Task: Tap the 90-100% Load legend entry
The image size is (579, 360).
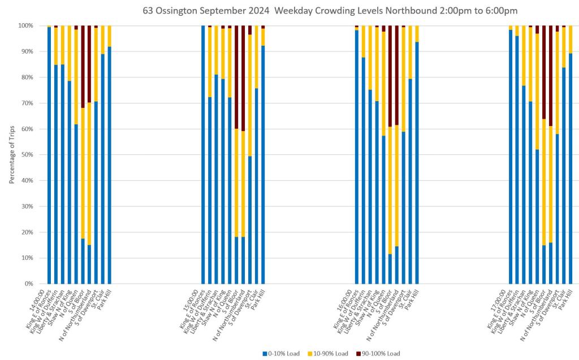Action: [x=381, y=353]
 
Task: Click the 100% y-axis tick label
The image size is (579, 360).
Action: [x=25, y=26]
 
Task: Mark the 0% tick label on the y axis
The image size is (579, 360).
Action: [x=28, y=284]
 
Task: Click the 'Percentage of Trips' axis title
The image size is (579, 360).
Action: [x=12, y=155]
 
